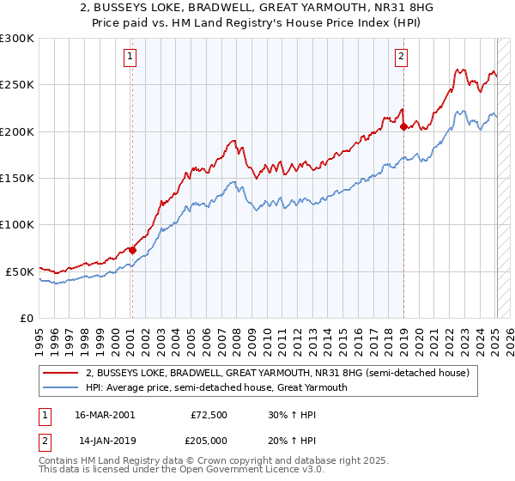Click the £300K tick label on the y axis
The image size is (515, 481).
[17, 39]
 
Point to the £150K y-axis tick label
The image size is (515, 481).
[17, 178]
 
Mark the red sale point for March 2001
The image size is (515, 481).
[132, 250]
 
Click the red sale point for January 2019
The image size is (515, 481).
[403, 127]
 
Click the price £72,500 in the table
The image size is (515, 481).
[207, 414]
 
